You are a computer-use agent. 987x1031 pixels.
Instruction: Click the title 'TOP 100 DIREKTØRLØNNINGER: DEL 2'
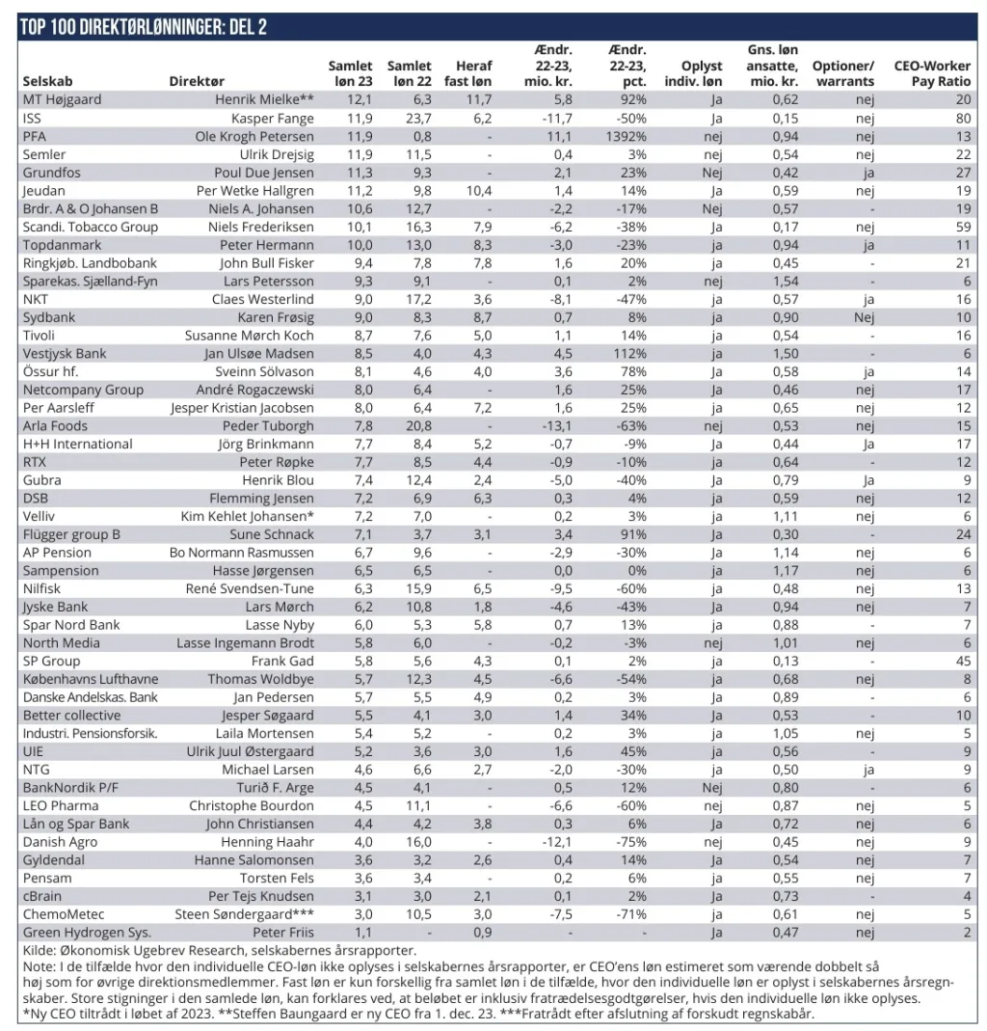coord(143,27)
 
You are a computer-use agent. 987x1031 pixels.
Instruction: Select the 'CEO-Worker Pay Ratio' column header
coord(933,74)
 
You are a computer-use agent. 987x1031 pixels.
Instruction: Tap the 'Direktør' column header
coord(197,82)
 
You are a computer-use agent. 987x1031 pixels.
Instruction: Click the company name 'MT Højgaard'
coord(62,99)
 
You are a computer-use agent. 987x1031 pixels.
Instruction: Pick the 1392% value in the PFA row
coord(627,136)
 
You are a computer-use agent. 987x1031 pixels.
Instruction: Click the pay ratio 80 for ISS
coord(963,118)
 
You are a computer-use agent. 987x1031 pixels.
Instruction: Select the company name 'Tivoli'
coord(40,335)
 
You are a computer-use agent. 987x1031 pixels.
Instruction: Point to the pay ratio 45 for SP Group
coord(963,661)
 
